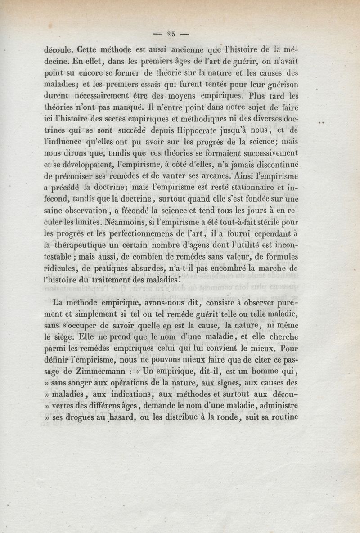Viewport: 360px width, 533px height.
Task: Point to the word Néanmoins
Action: click(x=115, y=222)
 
